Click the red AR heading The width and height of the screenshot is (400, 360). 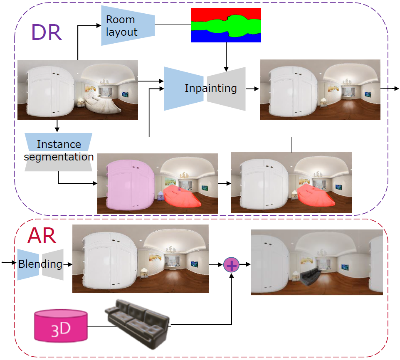(42, 236)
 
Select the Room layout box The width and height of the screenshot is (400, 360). (128, 25)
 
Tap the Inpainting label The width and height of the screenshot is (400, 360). (210, 88)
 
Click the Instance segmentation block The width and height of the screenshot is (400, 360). (58, 151)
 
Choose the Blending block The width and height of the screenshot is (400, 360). (40, 264)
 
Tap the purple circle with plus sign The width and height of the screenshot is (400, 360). (232, 264)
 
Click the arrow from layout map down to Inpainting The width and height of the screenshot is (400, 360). (226, 56)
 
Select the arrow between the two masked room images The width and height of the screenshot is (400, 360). (224, 183)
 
